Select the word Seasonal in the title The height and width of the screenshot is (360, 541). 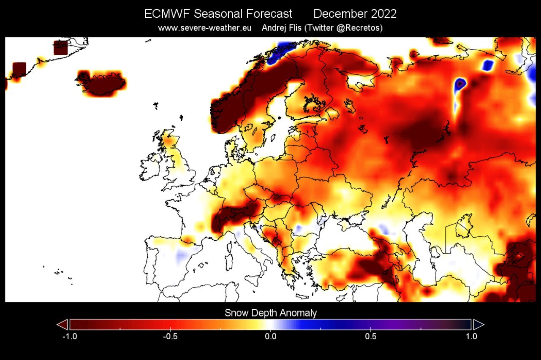[213, 14]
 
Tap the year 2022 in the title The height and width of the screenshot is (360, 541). [384, 14]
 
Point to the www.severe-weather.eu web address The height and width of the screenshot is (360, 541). [205, 28]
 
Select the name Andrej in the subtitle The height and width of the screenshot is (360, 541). [275, 28]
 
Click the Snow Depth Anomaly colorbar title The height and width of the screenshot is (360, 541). [270, 313]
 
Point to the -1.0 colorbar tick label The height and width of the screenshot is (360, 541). [69, 336]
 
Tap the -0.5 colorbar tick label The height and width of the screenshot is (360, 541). [169, 336]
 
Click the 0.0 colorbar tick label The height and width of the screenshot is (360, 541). [270, 336]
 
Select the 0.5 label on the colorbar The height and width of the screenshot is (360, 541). [371, 336]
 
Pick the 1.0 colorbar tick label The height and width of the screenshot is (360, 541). [471, 336]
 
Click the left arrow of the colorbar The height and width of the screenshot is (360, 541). [62, 324]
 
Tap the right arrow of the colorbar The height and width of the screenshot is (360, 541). [478, 324]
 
